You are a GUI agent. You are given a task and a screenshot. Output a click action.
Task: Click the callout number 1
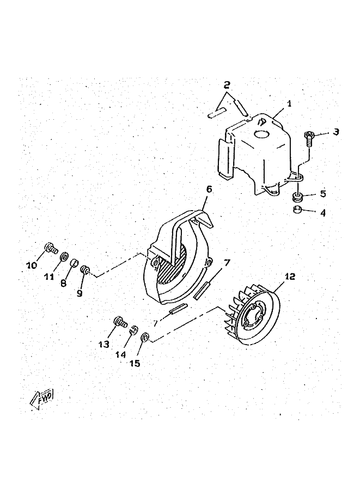point(289,103)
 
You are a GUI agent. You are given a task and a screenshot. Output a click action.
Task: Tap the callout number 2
point(227,85)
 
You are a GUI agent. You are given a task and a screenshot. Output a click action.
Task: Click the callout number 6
point(209,189)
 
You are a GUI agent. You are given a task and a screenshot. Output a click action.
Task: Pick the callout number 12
point(289,277)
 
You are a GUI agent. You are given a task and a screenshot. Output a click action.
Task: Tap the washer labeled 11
point(64,256)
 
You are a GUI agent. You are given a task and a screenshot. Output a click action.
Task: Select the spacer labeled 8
point(70,264)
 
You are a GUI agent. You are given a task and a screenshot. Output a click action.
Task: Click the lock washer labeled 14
point(132,328)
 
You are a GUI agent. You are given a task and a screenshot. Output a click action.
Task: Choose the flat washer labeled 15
point(145,338)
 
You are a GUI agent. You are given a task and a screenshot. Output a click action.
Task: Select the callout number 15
point(134,363)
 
